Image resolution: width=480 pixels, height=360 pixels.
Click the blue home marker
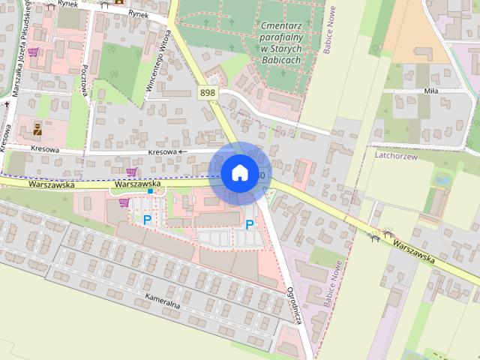coord(239,173)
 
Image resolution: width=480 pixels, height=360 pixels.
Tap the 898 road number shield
coord(208,92)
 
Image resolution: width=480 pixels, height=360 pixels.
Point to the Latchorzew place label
coord(394,155)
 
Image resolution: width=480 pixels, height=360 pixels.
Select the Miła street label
coord(430,91)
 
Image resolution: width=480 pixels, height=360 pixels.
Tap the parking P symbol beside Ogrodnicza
coord(249,223)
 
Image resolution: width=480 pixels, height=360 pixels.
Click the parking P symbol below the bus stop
coord(147,220)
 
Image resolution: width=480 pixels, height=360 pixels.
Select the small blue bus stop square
coord(150,191)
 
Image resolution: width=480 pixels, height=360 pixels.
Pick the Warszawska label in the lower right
coord(413,252)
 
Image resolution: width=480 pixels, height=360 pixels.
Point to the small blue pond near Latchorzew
coord(442,181)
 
